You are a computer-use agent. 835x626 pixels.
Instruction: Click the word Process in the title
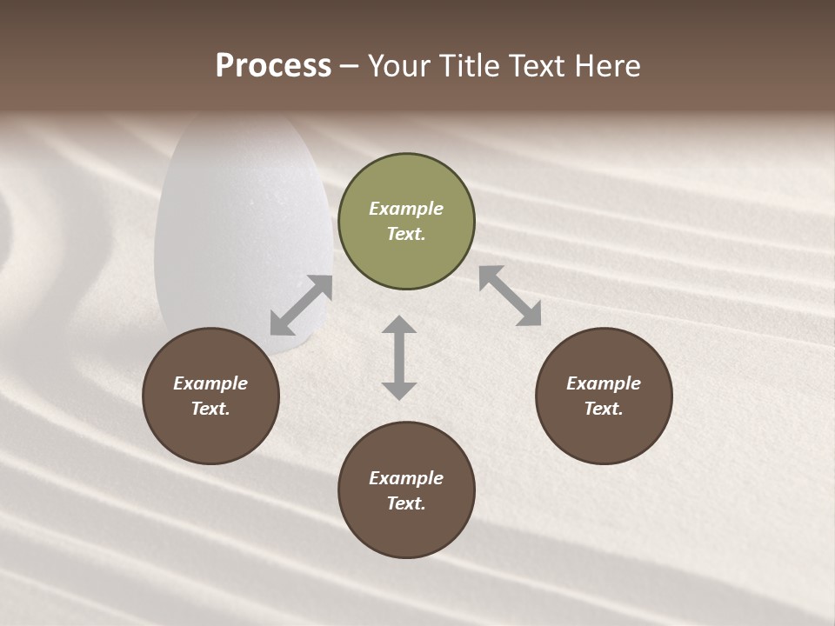[273, 66]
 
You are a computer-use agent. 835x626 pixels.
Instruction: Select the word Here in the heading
[607, 66]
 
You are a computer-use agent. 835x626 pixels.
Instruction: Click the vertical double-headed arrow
[399, 357]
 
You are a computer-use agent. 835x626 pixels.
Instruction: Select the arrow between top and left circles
[301, 305]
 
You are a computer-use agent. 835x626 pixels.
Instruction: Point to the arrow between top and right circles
[510, 296]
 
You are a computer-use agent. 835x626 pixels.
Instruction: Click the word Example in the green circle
[406, 209]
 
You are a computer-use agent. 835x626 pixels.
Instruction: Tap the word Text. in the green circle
[406, 234]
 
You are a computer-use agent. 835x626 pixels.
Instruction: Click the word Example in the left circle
[210, 383]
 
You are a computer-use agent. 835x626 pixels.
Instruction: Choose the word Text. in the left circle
[210, 409]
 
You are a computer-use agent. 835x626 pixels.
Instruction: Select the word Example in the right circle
[604, 383]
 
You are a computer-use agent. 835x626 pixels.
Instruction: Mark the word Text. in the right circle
[604, 409]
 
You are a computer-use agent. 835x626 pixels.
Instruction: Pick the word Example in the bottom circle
[406, 478]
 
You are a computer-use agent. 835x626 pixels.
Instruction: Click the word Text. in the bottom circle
[406, 503]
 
